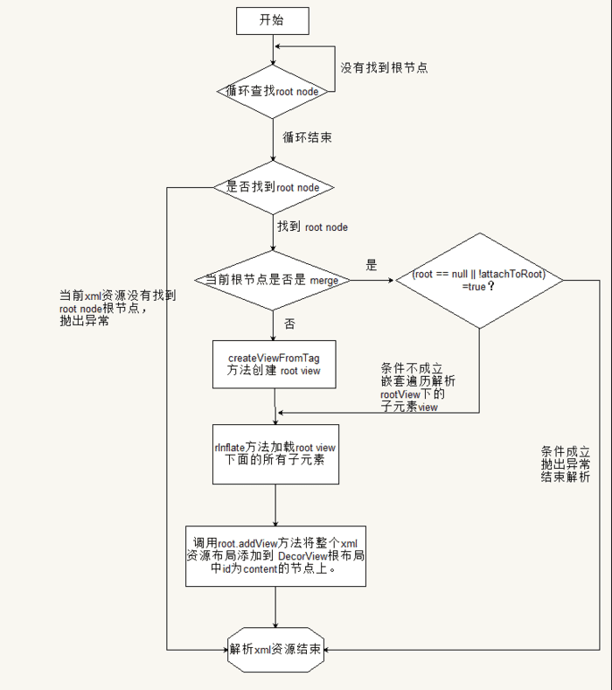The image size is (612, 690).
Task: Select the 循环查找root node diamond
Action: pos(274,90)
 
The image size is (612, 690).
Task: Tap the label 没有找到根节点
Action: pos(384,67)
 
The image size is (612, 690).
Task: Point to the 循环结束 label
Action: pos(307,137)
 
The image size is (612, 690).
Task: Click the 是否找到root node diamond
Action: pos(274,186)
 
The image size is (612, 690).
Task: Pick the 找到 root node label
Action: pos(312,227)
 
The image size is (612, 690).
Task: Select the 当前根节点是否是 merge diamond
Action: pos(274,280)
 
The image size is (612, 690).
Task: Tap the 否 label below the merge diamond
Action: pos(289,324)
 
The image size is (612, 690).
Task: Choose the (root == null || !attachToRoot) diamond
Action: pos(479,280)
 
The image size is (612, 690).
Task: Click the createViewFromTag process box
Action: pos(275,365)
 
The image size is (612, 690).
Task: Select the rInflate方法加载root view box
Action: pos(275,453)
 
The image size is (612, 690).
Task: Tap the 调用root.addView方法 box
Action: pos(275,555)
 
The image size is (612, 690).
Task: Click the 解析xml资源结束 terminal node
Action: pos(275,651)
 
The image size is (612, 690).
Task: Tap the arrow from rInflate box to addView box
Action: pos(275,505)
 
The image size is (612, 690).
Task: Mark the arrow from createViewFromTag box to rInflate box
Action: pos(275,407)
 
